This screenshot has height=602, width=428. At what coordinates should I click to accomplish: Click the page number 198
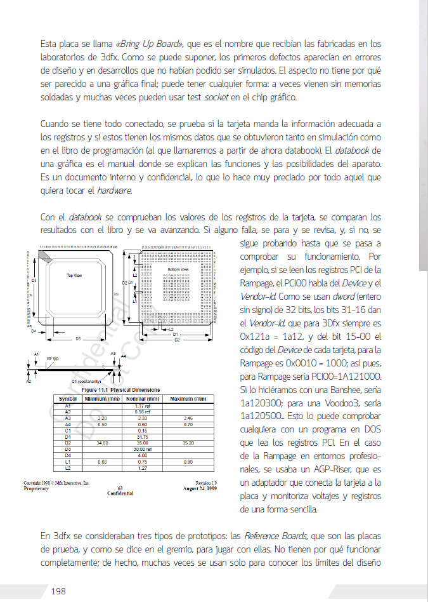coord(58,591)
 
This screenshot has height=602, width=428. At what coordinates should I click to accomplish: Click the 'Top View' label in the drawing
coord(74,276)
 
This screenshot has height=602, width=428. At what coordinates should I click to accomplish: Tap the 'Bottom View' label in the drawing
coord(178,270)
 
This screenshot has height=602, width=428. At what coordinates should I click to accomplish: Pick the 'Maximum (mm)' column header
coord(188,399)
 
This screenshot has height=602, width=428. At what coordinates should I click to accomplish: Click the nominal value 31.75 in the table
coord(142,436)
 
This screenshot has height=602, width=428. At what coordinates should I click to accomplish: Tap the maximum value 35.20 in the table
coord(188,442)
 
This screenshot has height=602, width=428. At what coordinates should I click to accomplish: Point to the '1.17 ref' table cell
coord(142,405)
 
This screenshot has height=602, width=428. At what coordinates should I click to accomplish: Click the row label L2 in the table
coord(67,467)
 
